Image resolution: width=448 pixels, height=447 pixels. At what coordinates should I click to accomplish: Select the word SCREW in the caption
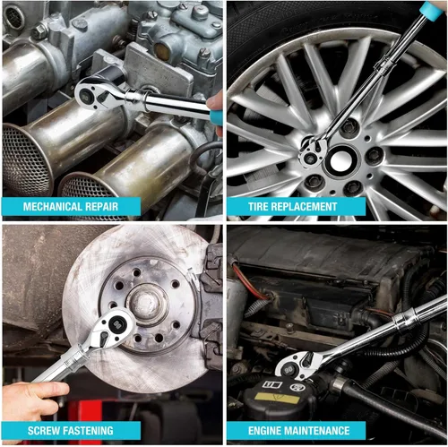(x=43, y=431)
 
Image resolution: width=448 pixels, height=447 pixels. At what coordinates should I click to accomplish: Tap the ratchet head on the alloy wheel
(x=313, y=151)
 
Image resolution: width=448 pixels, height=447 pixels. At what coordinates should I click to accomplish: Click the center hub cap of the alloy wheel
(x=341, y=161)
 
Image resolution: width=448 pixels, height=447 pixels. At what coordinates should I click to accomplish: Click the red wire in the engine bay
(x=249, y=282)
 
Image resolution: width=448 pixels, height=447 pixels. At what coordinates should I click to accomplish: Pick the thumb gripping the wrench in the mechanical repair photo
(x=215, y=101)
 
